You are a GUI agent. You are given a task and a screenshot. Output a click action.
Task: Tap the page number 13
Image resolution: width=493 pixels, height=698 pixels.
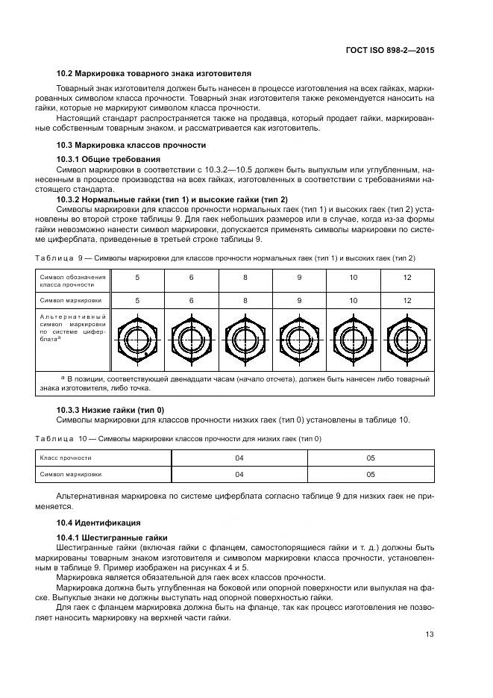(x=428, y=635)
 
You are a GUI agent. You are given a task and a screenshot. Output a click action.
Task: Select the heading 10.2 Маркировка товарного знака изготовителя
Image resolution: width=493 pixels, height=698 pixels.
(x=154, y=74)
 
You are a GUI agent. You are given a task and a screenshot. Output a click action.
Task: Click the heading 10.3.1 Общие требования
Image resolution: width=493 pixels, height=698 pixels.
(x=108, y=160)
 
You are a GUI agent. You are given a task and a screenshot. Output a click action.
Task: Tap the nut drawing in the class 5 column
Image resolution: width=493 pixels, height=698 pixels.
(x=136, y=340)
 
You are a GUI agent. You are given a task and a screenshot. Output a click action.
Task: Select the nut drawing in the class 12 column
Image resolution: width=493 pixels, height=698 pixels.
(x=406, y=340)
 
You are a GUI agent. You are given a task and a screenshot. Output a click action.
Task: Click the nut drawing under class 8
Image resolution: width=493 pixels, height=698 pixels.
(x=245, y=340)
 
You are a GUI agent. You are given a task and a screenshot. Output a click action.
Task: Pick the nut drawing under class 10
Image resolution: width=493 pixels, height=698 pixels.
(x=353, y=340)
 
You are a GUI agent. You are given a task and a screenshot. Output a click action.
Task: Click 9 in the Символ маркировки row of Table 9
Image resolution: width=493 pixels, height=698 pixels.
(x=299, y=300)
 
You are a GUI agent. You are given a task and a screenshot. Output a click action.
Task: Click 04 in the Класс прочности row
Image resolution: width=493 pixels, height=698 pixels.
(x=239, y=457)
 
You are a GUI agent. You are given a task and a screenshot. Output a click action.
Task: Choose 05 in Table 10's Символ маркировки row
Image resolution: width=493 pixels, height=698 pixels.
(x=370, y=474)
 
